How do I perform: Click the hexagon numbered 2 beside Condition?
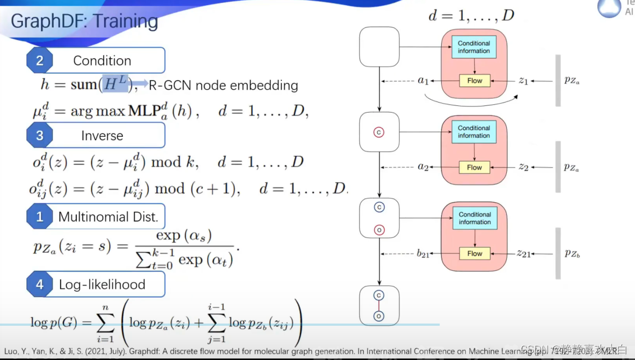click(x=39, y=61)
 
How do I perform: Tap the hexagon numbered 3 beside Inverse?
click(x=39, y=135)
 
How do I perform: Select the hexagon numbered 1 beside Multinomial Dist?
click(x=39, y=216)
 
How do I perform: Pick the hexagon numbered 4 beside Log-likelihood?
click(x=39, y=284)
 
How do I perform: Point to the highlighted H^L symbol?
click(x=115, y=84)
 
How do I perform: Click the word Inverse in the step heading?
click(x=102, y=136)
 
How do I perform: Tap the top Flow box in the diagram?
click(x=474, y=81)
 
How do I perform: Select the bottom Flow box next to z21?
click(x=474, y=253)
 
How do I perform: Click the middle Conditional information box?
click(x=474, y=132)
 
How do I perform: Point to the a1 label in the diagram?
click(x=423, y=81)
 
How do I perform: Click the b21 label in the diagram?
click(x=423, y=254)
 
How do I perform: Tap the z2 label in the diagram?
click(x=523, y=167)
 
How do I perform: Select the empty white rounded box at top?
click(x=378, y=46)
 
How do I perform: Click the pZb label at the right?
click(x=572, y=254)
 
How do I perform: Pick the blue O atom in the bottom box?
click(x=379, y=316)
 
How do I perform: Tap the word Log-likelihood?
click(x=102, y=284)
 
